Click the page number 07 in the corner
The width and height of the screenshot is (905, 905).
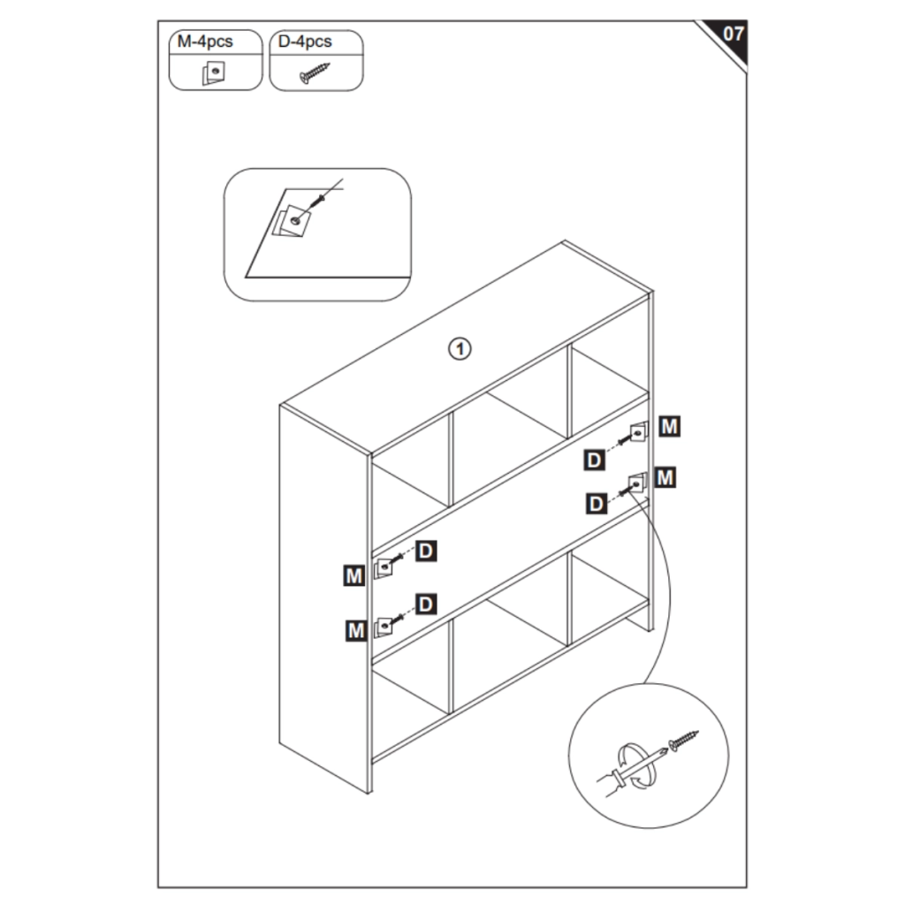click(733, 34)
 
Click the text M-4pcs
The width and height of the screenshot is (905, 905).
click(205, 42)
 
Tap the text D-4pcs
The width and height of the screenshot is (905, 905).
click(305, 42)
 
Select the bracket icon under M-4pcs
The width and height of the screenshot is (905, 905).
click(214, 73)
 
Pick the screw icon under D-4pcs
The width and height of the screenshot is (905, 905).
click(315, 72)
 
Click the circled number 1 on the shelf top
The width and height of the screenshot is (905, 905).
click(460, 348)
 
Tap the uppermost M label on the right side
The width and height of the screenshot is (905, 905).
click(669, 427)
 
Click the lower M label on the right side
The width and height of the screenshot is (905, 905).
click(665, 477)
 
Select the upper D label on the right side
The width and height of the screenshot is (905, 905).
click(594, 460)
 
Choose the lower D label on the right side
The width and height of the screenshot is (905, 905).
click(597, 504)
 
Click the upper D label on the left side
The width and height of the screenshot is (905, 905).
click(425, 551)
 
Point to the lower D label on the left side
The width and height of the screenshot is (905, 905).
click(425, 604)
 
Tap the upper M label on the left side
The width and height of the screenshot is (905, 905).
click(354, 575)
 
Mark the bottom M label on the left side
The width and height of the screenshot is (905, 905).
click(356, 630)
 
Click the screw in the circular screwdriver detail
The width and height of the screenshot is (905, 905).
click(683, 741)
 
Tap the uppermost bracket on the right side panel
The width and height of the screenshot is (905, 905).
click(638, 431)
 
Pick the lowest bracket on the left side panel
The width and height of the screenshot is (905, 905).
click(384, 627)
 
